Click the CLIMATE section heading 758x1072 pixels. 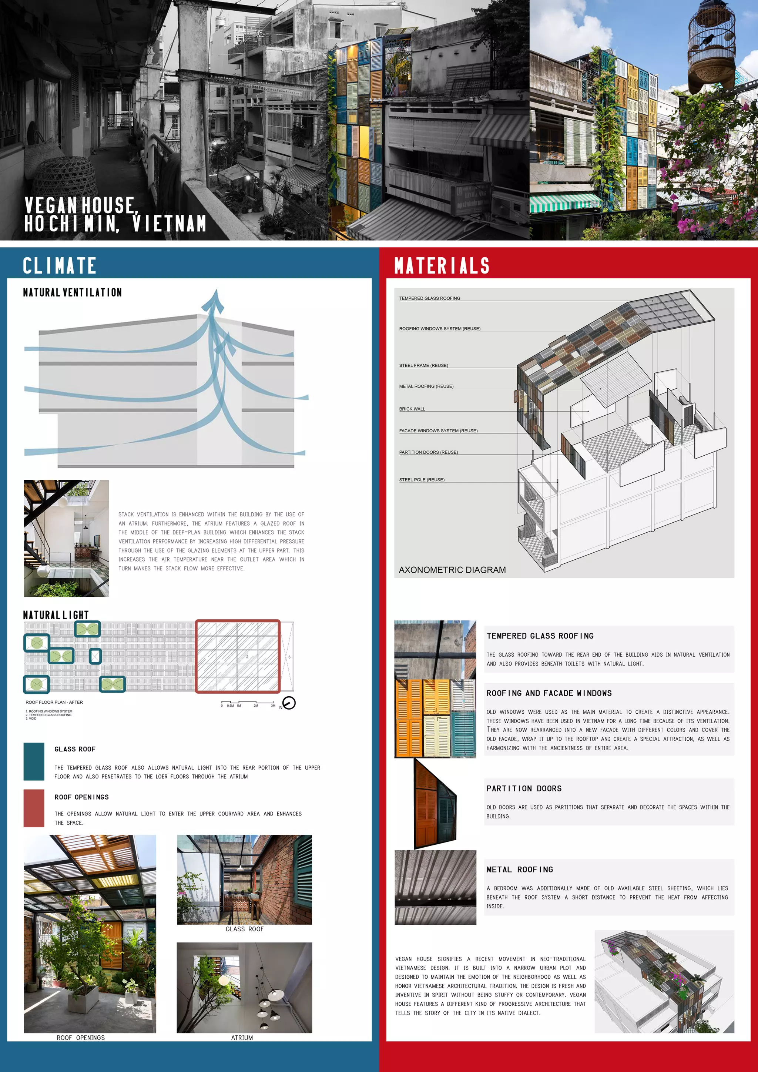point(59,266)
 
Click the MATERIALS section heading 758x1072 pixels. point(442,266)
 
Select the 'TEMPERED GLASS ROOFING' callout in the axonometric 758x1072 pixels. point(429,298)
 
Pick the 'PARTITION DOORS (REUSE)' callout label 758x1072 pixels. point(428,452)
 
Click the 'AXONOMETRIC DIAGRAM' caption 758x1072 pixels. point(452,570)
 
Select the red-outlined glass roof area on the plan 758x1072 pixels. point(238,656)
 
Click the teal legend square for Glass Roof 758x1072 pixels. point(34,761)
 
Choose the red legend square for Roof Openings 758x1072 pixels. point(34,808)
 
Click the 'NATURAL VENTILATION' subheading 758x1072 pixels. point(72,293)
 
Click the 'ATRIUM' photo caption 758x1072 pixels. point(242,1038)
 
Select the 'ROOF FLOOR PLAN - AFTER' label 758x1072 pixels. point(54,702)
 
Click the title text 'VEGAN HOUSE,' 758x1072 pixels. point(80,205)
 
